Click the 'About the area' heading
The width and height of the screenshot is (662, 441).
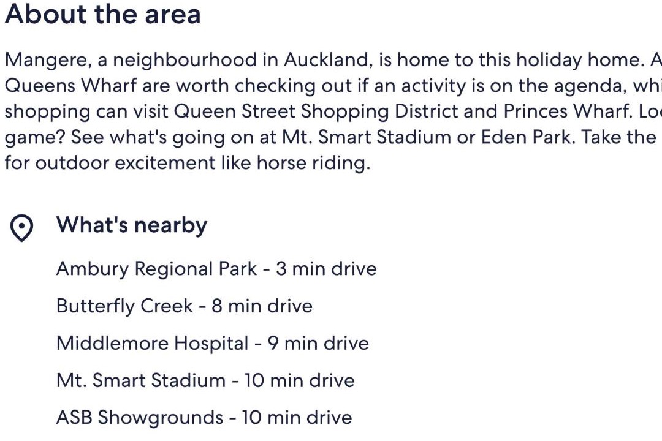(102, 14)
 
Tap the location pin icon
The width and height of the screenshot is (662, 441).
(21, 228)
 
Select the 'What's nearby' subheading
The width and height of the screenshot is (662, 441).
(132, 225)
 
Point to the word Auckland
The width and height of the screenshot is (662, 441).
(329, 60)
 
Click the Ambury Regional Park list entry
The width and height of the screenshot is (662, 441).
(216, 269)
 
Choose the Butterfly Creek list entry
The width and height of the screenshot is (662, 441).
(185, 306)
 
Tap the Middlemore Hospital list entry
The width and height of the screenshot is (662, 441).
(213, 343)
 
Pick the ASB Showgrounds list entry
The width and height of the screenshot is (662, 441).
(204, 417)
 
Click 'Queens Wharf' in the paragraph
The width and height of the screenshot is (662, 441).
(71, 86)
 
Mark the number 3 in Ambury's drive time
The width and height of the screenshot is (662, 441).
(281, 269)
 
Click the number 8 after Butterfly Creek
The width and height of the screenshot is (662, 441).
(217, 306)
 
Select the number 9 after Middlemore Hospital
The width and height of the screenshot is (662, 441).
(273, 343)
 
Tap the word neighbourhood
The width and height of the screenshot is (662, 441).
(185, 61)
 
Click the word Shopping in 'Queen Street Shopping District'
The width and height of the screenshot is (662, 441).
(344, 112)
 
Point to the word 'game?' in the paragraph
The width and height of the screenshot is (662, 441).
(35, 138)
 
